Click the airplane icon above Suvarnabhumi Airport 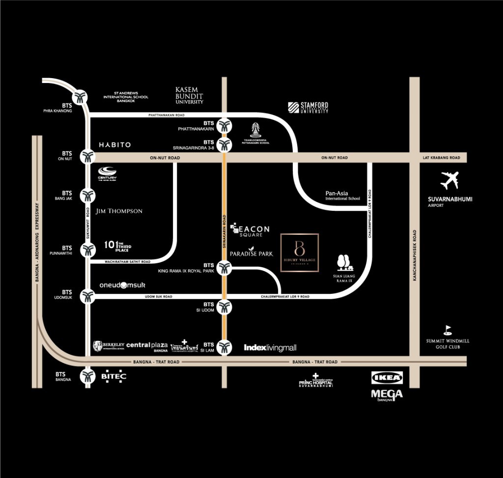point(449,180)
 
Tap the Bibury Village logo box point(300,253)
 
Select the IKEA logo point(388,378)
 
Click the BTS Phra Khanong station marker point(80,96)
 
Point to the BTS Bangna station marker point(88,376)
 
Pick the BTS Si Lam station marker point(224,347)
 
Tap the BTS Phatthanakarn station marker point(224,125)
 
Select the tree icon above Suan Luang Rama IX point(343,262)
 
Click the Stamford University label point(308,108)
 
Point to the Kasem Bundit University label point(189,95)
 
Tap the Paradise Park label point(251,253)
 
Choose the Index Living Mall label point(270,348)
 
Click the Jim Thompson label point(119,211)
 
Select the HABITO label point(114,145)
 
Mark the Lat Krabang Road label point(441,158)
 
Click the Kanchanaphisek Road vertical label point(415,255)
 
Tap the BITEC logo point(113,376)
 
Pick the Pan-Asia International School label point(342,196)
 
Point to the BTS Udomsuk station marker point(88,296)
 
